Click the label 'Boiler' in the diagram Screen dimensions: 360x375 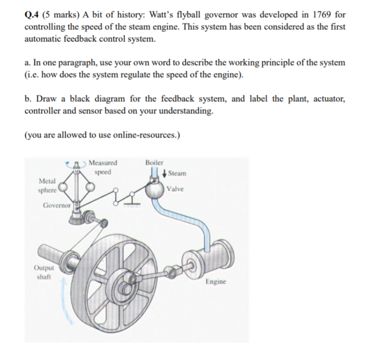[x=154, y=163]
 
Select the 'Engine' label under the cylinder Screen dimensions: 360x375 [x=216, y=282]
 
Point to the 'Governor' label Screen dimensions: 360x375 [x=56, y=205]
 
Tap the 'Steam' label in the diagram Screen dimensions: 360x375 [x=178, y=173]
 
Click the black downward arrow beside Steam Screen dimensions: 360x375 [x=166, y=173]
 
